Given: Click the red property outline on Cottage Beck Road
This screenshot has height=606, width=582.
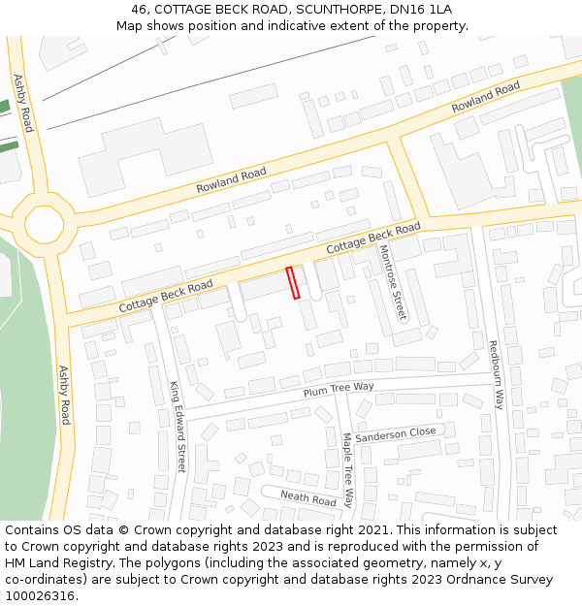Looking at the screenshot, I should tap(294, 282).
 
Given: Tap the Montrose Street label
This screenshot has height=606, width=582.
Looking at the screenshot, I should tap(393, 282).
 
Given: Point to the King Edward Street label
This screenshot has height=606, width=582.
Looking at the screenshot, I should tap(177, 428).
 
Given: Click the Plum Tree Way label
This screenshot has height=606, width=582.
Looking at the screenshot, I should tap(338, 389).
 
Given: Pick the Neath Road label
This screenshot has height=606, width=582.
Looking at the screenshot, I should tap(307, 498).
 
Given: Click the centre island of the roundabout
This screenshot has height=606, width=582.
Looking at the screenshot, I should tap(44, 224).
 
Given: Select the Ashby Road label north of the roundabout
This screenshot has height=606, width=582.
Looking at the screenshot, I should tap(22, 103).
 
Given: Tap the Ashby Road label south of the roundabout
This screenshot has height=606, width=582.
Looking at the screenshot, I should tap(65, 395).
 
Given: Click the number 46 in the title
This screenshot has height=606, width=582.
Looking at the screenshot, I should tap(140, 9).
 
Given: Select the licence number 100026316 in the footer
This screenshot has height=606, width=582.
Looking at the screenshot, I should tap(39, 595).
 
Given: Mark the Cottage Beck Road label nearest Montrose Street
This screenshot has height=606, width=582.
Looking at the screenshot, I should tap(372, 238).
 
